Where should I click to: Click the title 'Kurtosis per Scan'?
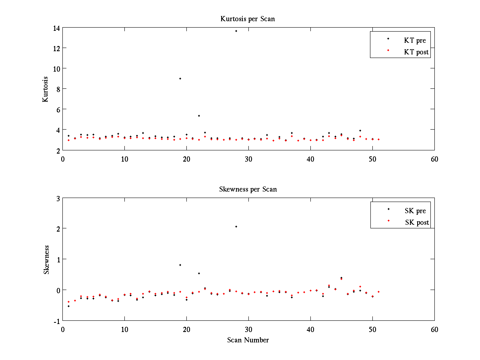pos(248,19)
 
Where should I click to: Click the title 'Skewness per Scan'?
pos(248,189)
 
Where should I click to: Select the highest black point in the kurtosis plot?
pos(236,31)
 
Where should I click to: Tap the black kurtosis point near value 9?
pos(180,79)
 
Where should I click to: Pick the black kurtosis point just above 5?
pos(199,116)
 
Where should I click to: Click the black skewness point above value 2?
pos(236,227)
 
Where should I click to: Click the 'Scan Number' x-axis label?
pos(248,340)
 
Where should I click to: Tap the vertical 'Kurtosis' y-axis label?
pos(46,89)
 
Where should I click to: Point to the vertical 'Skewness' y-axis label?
pos(46,260)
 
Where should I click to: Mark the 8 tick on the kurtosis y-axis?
pos(57,89)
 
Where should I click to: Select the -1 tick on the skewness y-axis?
pos(56,321)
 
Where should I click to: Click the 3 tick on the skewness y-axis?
pos(57,198)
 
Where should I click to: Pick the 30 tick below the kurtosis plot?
pos(248,159)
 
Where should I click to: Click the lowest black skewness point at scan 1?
pos(68,306)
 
